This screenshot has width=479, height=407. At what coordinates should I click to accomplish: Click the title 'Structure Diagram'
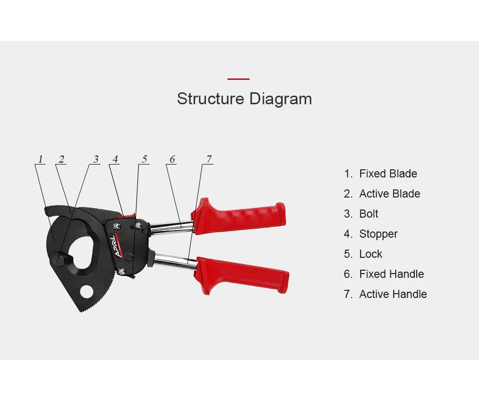[244, 99]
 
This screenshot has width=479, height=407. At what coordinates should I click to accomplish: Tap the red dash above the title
[238, 79]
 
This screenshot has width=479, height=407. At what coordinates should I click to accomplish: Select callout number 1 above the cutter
[41, 159]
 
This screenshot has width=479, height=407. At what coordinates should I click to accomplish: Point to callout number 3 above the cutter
[96, 159]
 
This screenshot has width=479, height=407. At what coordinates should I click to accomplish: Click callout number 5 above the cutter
[144, 159]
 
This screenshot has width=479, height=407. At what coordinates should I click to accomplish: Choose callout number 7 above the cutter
[208, 159]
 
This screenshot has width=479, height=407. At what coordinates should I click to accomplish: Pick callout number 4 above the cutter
[115, 159]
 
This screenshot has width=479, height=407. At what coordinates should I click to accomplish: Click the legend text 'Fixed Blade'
[388, 174]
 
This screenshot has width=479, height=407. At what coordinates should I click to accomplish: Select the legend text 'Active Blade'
[389, 194]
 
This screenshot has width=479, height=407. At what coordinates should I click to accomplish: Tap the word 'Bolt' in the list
[368, 214]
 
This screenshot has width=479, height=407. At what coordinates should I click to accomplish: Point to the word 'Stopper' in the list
[378, 234]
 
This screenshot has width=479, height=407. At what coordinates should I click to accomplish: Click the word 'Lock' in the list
[371, 254]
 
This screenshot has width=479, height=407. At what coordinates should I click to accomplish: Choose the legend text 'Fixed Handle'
[391, 274]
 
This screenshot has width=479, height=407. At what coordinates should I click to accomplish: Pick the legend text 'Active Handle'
[393, 294]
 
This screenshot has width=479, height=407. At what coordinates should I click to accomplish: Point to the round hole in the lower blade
[86, 291]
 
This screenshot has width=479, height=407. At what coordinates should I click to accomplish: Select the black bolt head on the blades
[58, 260]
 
